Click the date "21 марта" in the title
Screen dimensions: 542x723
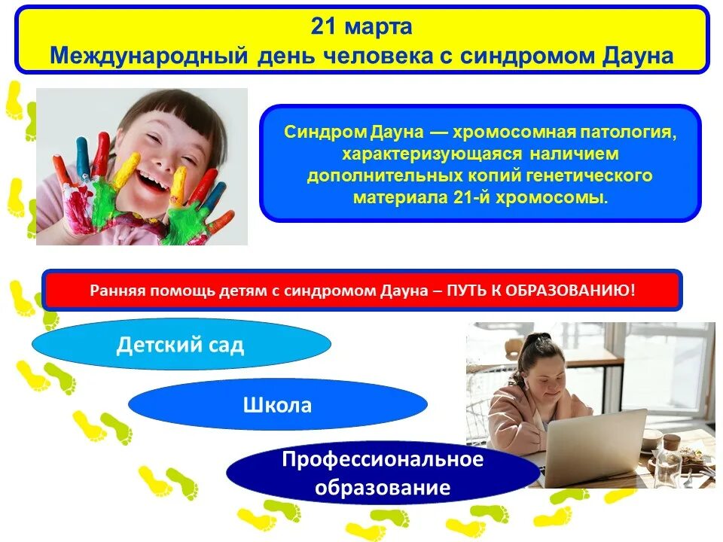(x=361, y=27)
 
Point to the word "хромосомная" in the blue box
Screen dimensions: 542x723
(x=513, y=132)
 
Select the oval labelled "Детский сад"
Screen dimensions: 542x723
(x=181, y=345)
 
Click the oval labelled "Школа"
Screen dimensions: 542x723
(x=277, y=405)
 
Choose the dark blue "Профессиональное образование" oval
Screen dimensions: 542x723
(x=383, y=473)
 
